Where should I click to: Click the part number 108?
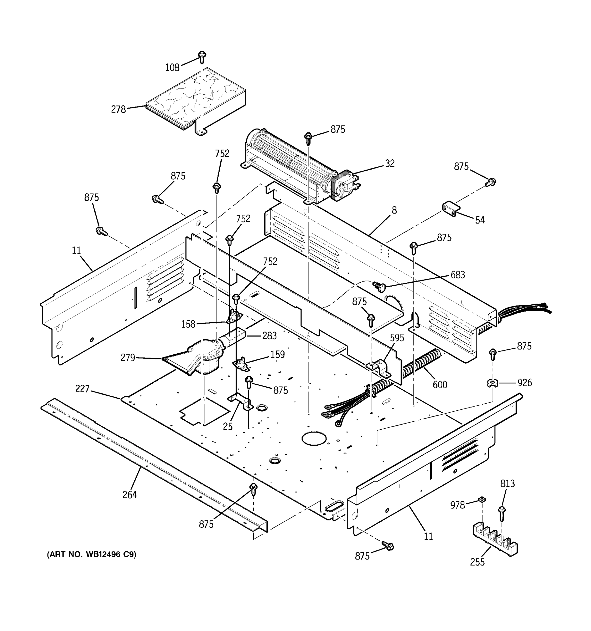point(172,67)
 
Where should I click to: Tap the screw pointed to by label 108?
point(202,57)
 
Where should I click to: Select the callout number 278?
point(118,109)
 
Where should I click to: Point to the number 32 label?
point(390,164)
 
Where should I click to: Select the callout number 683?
point(458,275)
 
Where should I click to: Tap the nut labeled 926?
point(492,383)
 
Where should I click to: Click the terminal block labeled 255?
point(495,540)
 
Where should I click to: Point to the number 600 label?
point(440,385)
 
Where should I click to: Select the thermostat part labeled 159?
point(242,363)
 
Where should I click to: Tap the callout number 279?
point(128,358)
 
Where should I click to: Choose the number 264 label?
point(130,495)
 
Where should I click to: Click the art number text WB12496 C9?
point(92,554)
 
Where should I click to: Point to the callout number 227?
point(82,389)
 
